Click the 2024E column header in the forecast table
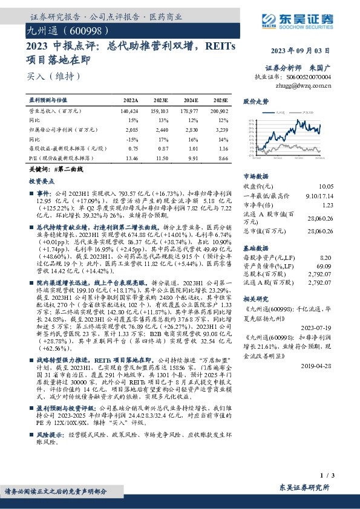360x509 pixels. click(x=191, y=100)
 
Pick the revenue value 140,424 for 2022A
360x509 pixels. click(x=129, y=112)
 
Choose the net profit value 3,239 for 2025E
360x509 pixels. click(x=220, y=129)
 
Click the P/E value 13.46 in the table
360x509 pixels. click(x=131, y=157)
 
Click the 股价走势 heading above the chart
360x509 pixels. click(x=255, y=101)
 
